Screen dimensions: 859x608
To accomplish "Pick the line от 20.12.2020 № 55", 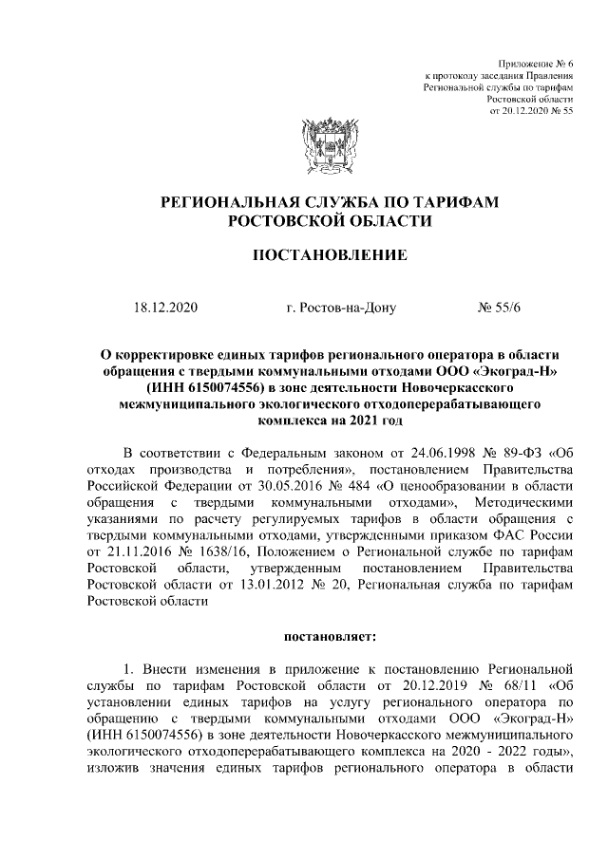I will coord(531,111).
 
